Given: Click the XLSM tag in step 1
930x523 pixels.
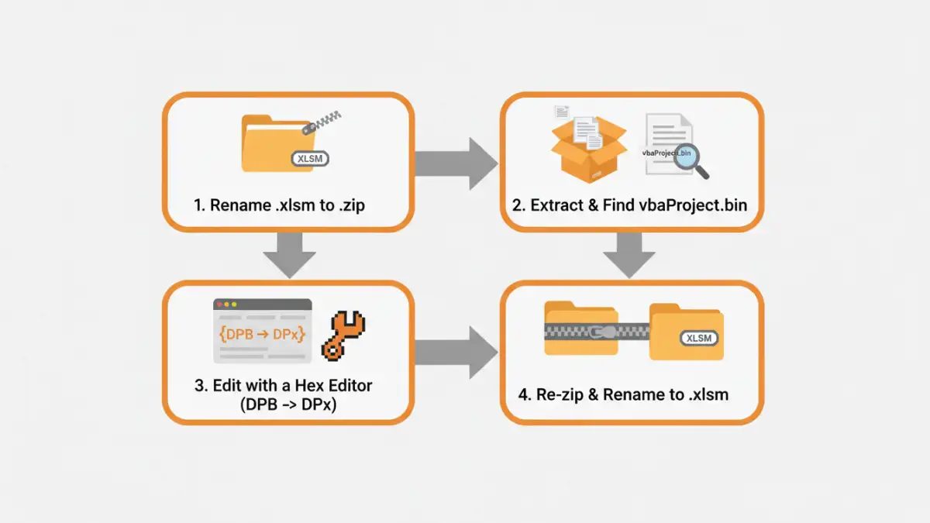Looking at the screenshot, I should tap(311, 159).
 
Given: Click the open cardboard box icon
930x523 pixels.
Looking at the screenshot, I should tap(588, 147).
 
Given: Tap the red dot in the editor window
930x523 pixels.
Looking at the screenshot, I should tap(219, 304).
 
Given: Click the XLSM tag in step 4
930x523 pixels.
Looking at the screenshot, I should tap(699, 338).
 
